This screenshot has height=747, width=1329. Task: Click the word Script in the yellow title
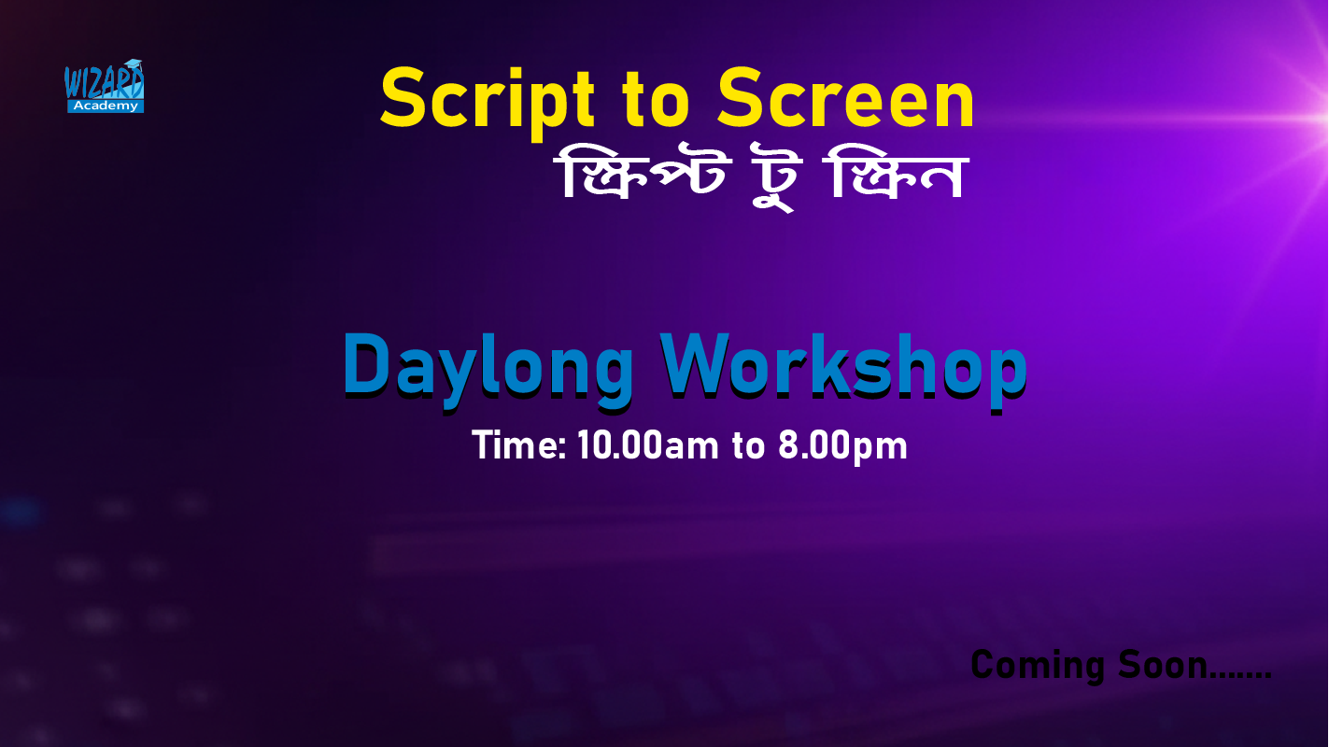click(488, 102)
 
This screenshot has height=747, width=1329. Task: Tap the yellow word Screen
click(846, 97)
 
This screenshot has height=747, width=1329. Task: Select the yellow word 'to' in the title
click(657, 100)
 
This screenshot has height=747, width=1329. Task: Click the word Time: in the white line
click(519, 445)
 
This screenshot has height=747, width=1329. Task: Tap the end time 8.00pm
click(842, 446)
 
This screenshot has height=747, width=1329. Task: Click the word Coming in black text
click(1037, 666)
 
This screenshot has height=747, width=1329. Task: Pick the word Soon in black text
click(1163, 665)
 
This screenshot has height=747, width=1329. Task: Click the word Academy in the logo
click(105, 106)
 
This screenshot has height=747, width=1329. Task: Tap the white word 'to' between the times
click(748, 446)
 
